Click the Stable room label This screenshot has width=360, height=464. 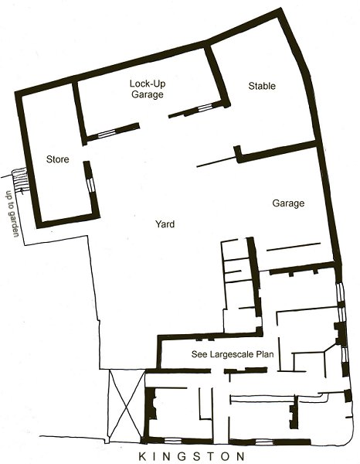point(262,86)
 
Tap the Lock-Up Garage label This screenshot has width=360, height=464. point(148,89)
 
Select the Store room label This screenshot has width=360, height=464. point(58,159)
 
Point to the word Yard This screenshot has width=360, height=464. point(165,224)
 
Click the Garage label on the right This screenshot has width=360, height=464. point(288,203)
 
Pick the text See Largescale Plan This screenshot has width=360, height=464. point(233,354)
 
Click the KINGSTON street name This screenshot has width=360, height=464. point(192,456)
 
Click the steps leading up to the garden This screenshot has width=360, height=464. point(20,180)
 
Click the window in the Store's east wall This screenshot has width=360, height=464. point(90,184)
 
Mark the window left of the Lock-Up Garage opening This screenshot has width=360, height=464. point(106,134)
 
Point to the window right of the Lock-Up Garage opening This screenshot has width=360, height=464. point(205,108)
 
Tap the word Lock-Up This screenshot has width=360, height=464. point(148,84)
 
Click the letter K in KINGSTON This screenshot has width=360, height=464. point(142,456)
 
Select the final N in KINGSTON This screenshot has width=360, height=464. point(240,456)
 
